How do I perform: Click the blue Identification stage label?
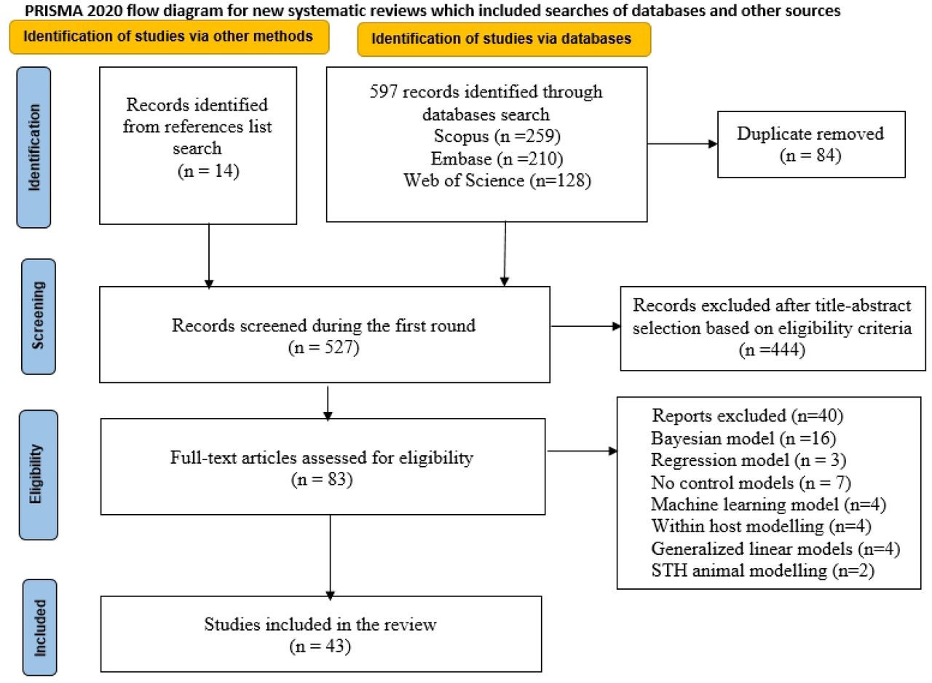tap(33, 147)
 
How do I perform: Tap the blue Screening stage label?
tap(39, 316)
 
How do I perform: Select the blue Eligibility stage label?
tap(39, 475)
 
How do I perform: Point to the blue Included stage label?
tap(39, 627)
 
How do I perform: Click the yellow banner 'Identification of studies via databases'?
tap(504, 39)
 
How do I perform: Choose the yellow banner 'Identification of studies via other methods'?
tap(169, 37)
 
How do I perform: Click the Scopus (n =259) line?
tap(497, 136)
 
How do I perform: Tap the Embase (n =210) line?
tap(497, 159)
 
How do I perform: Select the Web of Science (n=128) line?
tap(497, 181)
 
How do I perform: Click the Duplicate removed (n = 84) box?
tap(811, 144)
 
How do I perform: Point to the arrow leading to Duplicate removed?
tap(682, 144)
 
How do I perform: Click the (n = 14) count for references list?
tap(208, 171)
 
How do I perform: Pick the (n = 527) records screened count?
tap(324, 347)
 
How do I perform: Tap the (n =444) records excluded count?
tap(773, 350)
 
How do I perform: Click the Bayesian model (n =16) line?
tap(743, 438)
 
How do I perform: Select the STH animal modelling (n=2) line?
tap(762, 570)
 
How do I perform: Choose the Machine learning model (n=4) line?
tap(768, 504)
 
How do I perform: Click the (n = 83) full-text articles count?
tap(322, 479)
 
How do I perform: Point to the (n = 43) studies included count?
tap(320, 646)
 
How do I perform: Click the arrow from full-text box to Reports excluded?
tap(582, 451)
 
